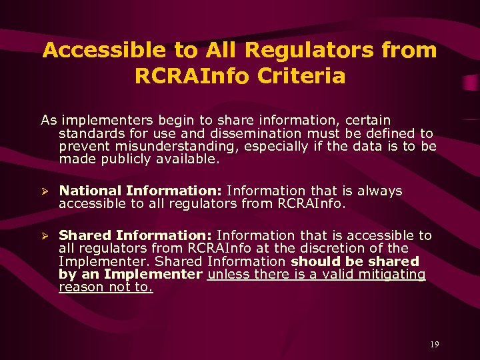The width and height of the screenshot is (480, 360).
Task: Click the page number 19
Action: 434,345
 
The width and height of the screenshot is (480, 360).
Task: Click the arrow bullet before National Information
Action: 45,191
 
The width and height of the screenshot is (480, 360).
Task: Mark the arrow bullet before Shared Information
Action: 45,236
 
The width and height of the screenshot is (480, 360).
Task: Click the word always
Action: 377,191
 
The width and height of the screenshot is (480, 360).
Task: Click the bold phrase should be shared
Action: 355,261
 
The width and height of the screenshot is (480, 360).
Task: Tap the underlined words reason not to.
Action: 106,287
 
